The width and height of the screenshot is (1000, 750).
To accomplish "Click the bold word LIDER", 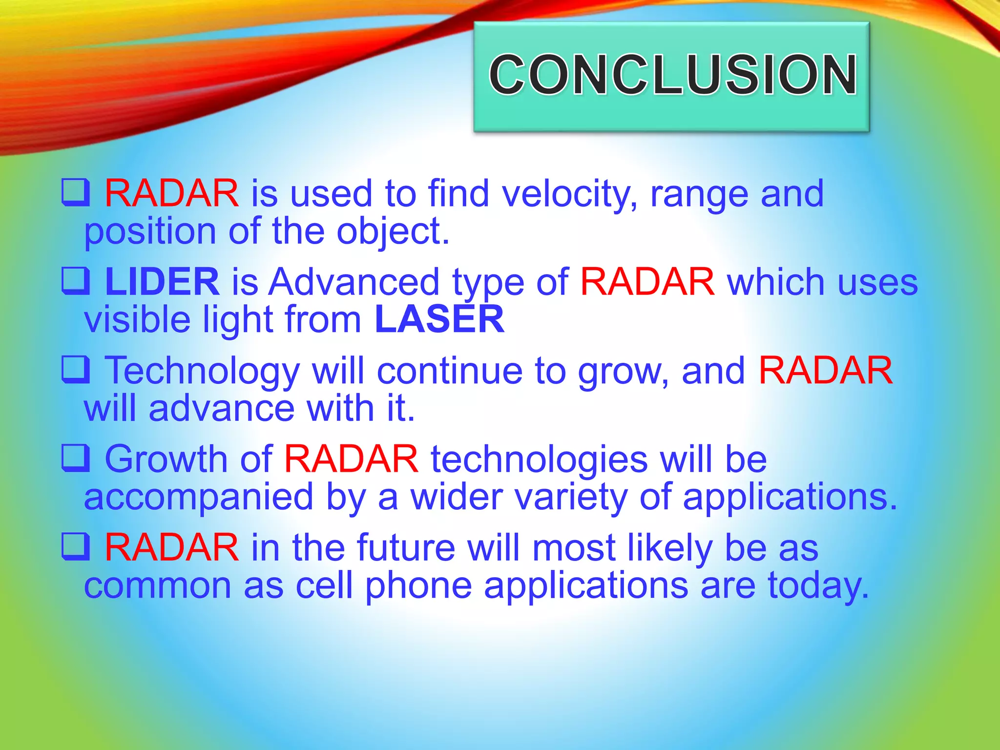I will [162, 282].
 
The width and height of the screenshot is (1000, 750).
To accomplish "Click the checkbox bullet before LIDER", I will [76, 281].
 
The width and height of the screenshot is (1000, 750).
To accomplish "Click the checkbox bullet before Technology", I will [76, 370].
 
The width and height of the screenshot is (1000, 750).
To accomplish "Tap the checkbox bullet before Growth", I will [76, 458].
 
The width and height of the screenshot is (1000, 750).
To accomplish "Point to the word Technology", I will [202, 371].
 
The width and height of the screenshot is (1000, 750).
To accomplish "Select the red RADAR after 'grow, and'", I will [825, 371].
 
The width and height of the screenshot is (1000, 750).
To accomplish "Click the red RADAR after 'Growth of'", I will [351, 459].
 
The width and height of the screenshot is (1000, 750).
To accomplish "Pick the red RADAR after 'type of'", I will [647, 282].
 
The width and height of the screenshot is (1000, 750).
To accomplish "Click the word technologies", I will [539, 459].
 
